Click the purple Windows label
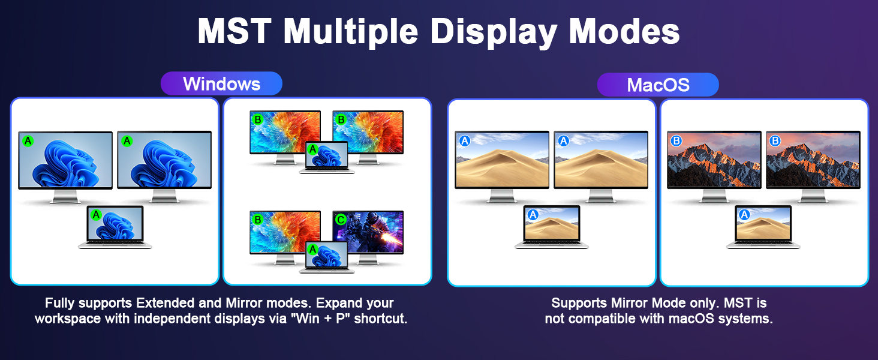221,83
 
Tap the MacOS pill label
658,85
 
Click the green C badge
341,220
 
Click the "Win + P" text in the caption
321,319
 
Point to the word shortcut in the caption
380,319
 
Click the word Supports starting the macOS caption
577,303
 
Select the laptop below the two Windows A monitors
115,227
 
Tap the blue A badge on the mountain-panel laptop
744,215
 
